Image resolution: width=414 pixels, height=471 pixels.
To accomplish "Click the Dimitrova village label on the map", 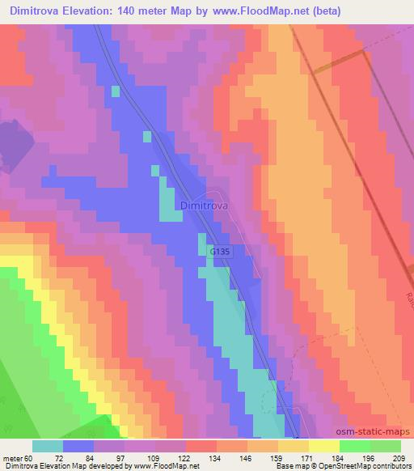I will [205, 206].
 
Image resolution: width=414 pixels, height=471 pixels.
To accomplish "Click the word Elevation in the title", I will [93, 11].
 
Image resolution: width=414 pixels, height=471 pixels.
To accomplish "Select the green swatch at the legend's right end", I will [386, 446].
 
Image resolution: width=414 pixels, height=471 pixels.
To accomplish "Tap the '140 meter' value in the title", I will [153, 11].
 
